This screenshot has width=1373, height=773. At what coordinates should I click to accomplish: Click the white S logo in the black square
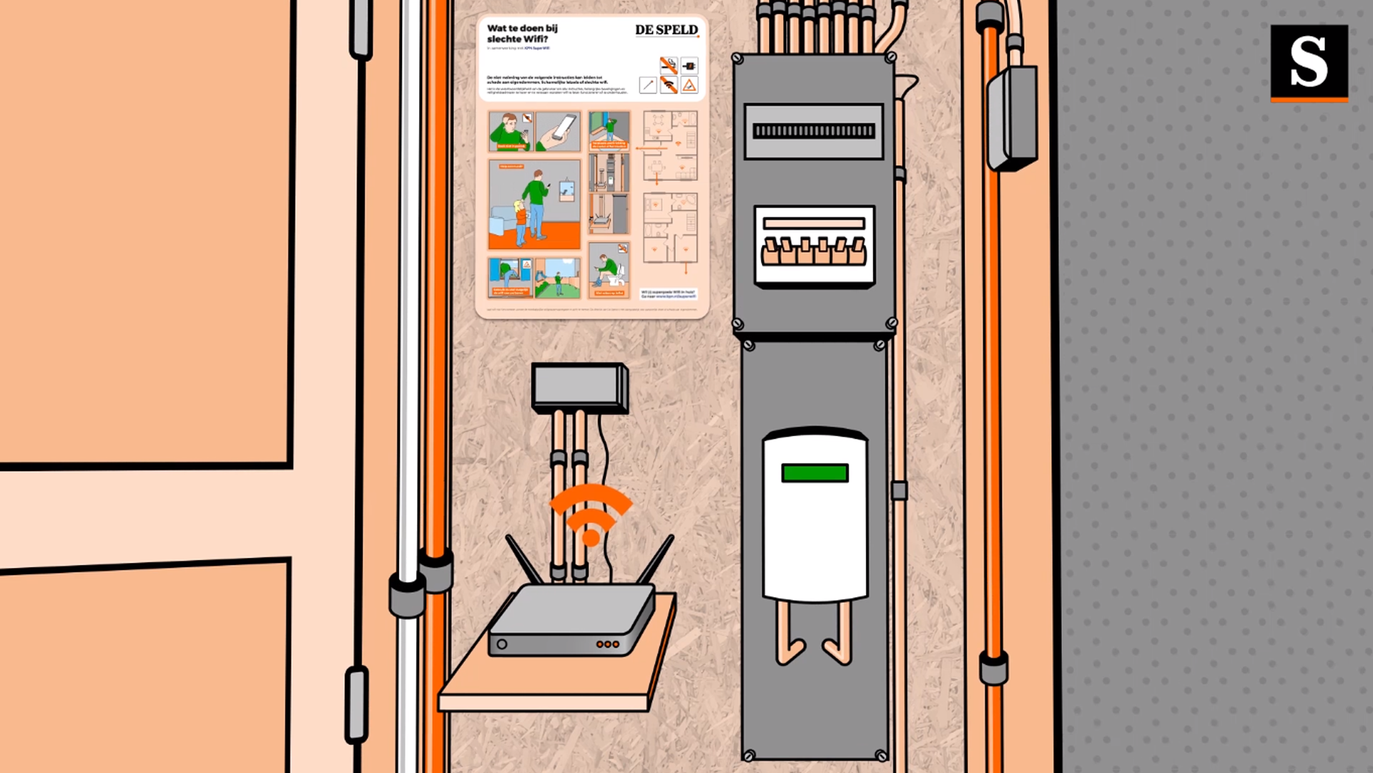tap(1309, 62)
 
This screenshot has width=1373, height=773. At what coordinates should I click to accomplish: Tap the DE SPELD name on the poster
tap(666, 30)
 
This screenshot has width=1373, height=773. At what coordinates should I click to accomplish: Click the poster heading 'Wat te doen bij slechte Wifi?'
tap(522, 34)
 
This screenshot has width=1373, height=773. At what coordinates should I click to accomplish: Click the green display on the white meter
tap(815, 473)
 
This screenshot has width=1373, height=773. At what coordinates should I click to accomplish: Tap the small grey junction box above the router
tap(579, 387)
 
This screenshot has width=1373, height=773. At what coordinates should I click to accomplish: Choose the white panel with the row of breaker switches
tap(815, 246)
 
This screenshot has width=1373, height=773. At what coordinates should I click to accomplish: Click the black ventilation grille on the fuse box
tap(814, 131)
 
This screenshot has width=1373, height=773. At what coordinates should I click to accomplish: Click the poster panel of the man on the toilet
tap(609, 270)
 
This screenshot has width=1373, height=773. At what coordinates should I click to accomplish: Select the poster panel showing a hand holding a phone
tap(558, 131)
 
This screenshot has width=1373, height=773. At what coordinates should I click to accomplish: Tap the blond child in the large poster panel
tap(520, 218)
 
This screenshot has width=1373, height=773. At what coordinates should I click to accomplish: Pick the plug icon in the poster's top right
tap(689, 67)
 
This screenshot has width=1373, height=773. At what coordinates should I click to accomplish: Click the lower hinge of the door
tap(355, 705)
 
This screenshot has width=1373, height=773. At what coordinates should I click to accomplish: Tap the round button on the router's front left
tap(502, 644)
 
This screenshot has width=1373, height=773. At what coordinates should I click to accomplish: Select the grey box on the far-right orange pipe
tap(1011, 118)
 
